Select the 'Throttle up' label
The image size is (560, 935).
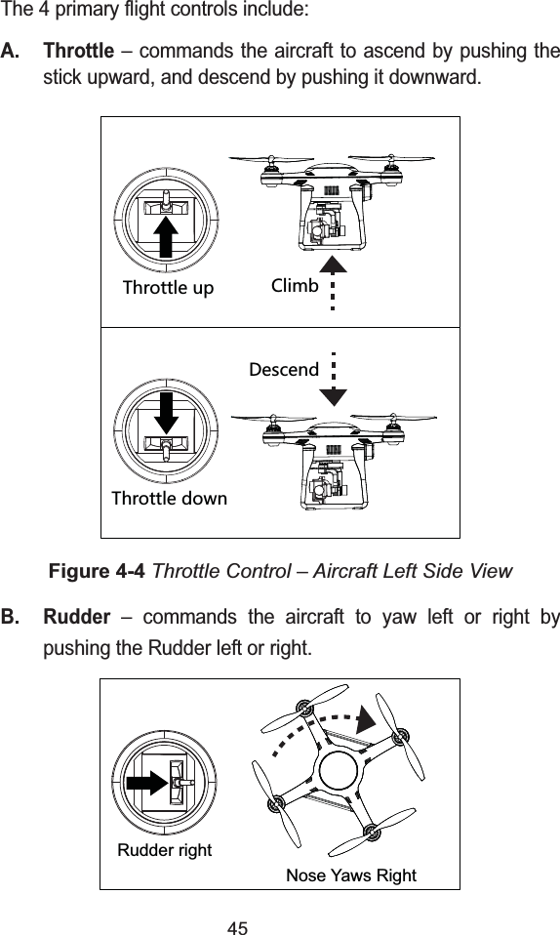[x=168, y=288]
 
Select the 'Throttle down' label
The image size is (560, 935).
[x=169, y=499]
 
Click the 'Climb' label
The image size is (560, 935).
[x=294, y=286]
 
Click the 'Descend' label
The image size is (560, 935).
[x=283, y=370]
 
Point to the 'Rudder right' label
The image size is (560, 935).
[x=164, y=850]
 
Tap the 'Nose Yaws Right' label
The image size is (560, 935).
[x=350, y=874]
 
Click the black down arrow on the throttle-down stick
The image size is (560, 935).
[x=166, y=413]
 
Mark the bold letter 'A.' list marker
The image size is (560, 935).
[x=13, y=50]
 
